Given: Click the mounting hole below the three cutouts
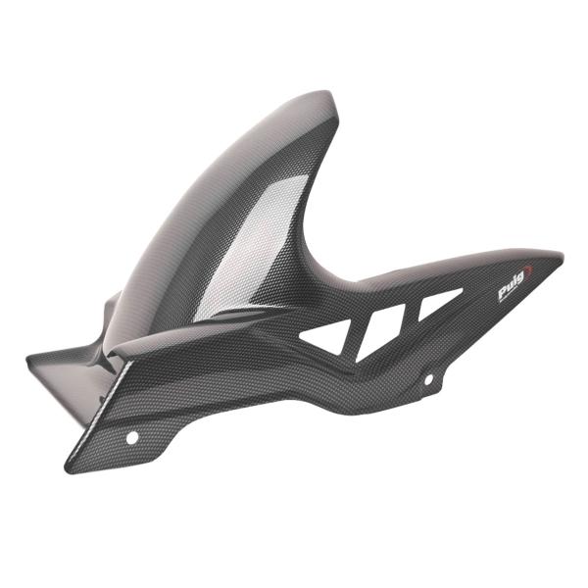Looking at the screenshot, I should (427, 379).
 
